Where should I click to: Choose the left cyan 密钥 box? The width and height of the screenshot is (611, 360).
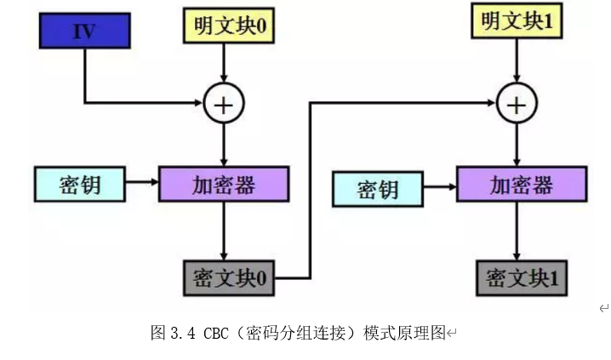[x=78, y=183]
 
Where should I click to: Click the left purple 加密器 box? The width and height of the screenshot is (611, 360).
[x=223, y=183]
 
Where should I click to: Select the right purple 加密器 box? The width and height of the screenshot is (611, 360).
[x=520, y=185]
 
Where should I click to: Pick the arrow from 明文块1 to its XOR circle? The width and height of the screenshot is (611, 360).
[x=516, y=60]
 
